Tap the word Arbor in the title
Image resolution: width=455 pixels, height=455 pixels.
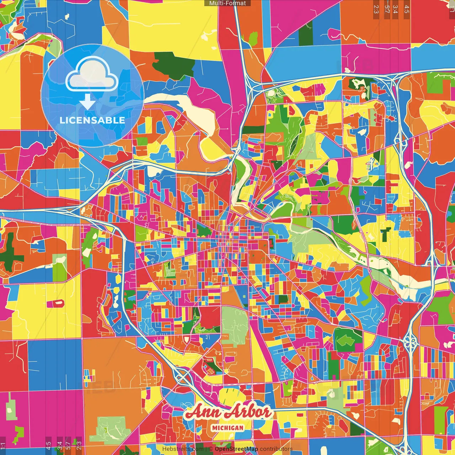pos(249,412)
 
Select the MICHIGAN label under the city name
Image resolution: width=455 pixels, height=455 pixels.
pos(227,428)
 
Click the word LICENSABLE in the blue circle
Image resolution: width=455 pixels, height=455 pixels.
pos(92,120)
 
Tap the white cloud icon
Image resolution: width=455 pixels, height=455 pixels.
pos(92,75)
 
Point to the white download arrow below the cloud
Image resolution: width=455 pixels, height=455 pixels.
pos(87,102)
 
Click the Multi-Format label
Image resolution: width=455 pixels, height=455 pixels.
pos(227,3)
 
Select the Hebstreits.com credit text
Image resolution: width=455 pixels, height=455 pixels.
pos(183,449)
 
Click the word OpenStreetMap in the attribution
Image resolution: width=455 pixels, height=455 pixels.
pos(236,449)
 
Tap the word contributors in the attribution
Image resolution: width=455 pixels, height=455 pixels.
pos(276,449)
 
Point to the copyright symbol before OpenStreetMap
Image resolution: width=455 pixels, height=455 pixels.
pos(211,449)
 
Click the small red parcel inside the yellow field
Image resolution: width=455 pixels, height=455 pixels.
pos(55,303)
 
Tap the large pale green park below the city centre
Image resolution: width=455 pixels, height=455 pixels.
pos(235,325)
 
